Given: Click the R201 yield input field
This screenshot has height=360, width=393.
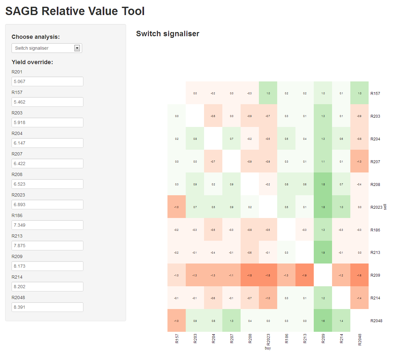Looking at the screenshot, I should (47, 81).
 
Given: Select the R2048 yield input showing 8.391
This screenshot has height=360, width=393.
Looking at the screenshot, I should (47, 307).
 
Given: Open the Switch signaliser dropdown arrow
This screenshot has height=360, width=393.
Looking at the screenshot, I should (77, 48).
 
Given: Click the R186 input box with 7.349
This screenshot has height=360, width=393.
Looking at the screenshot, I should (47, 225).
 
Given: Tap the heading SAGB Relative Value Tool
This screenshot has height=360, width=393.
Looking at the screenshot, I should (75, 11).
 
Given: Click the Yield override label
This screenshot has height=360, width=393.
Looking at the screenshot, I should (32, 62).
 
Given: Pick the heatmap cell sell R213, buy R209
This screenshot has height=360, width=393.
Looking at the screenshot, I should (323, 252).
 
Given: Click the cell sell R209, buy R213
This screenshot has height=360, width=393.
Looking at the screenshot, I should (304, 275).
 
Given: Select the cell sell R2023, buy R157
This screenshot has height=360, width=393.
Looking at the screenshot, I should (176, 207).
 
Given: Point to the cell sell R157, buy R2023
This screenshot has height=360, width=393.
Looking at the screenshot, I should (268, 93).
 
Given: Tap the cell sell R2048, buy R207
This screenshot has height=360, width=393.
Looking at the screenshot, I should (231, 321).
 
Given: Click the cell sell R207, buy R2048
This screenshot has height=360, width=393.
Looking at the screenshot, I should (359, 161).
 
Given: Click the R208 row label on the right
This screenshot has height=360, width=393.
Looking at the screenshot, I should (375, 184).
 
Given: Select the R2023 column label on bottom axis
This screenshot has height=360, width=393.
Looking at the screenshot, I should (268, 339).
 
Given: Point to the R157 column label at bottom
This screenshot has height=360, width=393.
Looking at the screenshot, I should (177, 339).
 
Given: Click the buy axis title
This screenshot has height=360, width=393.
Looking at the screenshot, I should (268, 348).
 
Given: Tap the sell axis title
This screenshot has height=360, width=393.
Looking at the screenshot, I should (385, 207).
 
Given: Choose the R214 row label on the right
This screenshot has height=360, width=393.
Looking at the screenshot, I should (375, 298).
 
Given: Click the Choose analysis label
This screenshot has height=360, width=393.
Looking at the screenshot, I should (36, 37).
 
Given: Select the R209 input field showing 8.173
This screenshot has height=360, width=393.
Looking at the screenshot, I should (47, 266).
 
